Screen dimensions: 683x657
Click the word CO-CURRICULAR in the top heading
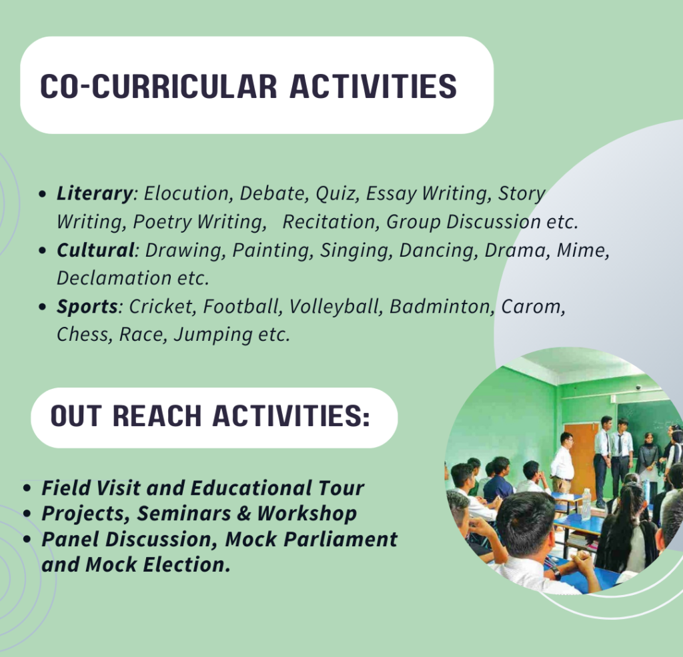(159, 86)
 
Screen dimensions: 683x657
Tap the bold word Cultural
(95, 250)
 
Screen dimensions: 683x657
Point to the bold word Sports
(87, 307)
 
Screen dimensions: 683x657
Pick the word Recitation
(328, 221)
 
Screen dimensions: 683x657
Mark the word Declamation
(114, 278)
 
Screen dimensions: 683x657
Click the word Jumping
(213, 336)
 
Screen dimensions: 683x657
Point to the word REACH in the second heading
(157, 416)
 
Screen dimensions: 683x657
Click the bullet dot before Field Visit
(27, 488)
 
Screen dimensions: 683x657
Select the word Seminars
(184, 513)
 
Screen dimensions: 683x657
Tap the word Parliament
(340, 540)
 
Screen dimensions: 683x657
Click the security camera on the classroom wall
(638, 387)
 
